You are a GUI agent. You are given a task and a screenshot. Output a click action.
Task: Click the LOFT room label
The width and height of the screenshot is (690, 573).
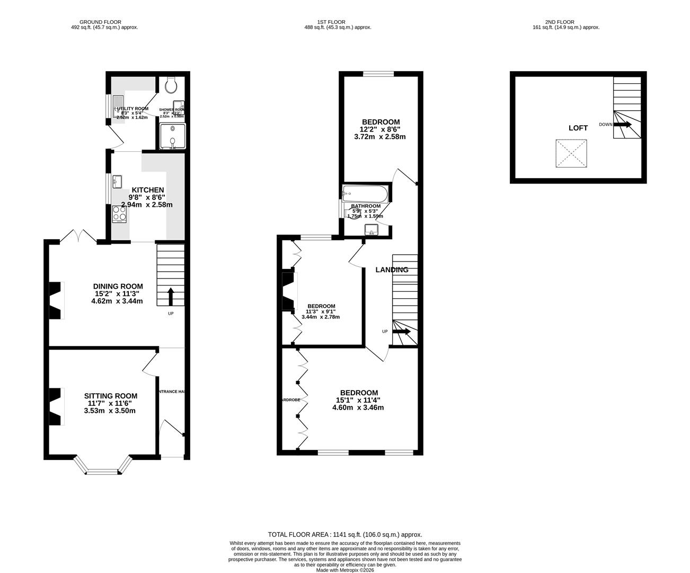coord(578,128)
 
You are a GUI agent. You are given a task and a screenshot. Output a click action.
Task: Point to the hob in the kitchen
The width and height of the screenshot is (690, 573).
coord(119,213)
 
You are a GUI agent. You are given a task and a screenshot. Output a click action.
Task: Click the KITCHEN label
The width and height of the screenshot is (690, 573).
coord(147,190)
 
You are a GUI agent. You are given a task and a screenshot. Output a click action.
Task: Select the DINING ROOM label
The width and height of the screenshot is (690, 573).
coord(118,286)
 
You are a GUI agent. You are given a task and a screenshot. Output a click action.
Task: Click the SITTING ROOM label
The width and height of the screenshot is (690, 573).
coord(111,396)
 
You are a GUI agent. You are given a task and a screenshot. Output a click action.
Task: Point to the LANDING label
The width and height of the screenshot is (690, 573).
coord(392,270)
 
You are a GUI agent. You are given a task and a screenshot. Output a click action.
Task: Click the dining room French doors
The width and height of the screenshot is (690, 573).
coord(78,237)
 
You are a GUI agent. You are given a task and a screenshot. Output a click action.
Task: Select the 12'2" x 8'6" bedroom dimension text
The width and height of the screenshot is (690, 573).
coord(380,129)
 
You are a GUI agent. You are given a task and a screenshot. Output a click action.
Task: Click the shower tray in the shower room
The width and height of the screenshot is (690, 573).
coord(172,136)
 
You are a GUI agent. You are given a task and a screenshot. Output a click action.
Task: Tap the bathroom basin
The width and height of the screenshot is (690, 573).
coord(371,229)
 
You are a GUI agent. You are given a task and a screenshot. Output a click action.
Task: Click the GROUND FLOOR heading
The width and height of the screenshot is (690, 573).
coord(100,22)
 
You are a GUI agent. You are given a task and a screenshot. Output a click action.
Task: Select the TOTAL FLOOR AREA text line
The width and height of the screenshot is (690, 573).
coord(345,535)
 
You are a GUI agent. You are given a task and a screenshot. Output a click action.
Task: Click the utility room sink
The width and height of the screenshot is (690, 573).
coord(118,106)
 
